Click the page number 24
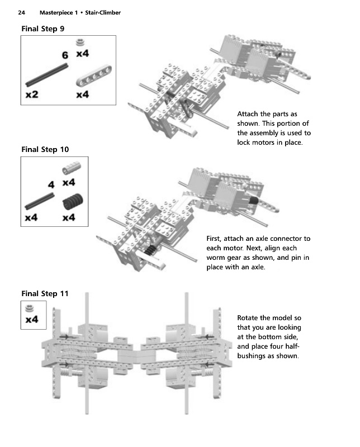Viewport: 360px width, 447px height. pyautogui.click(x=22, y=12)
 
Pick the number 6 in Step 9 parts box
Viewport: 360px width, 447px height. pyautogui.click(x=65, y=55)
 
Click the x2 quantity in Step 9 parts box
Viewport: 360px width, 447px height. pyautogui.click(x=32, y=94)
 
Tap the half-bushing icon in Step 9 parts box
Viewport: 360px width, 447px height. pyautogui.click(x=81, y=42)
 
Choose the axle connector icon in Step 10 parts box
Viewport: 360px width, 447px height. pyautogui.click(x=70, y=168)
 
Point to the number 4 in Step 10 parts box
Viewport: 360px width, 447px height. pyautogui.click(x=51, y=184)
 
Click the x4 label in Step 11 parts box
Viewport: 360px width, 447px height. pyautogui.click(x=32, y=320)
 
